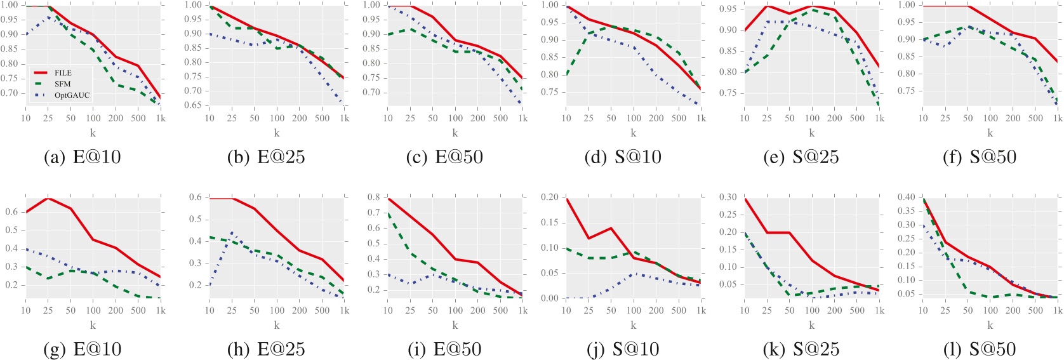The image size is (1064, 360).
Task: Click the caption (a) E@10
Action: click(82, 157)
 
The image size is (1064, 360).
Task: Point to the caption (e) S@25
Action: click(801, 157)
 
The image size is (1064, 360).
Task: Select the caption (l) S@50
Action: click(980, 349)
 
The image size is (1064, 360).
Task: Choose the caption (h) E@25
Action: click(266, 349)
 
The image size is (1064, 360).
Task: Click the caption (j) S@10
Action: click(622, 349)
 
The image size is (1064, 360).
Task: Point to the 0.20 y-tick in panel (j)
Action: click(552, 197)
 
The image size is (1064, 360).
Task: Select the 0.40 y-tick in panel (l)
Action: click(908, 197)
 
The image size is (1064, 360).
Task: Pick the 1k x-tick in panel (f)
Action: click(1058, 118)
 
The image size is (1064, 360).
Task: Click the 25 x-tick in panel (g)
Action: click(48, 310)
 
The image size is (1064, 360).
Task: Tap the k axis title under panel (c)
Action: click(455, 133)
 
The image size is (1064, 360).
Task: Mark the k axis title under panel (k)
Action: click(812, 325)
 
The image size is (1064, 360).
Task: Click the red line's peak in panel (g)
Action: click(48, 198)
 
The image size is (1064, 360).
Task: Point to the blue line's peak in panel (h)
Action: click(232, 232)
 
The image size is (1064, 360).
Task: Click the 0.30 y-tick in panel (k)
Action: click(729, 197)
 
